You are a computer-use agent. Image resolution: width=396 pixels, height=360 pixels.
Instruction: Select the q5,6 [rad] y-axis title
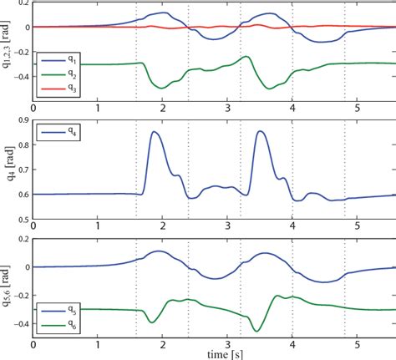pos(8,289)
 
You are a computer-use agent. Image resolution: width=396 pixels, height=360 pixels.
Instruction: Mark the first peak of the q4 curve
pos(155,132)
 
